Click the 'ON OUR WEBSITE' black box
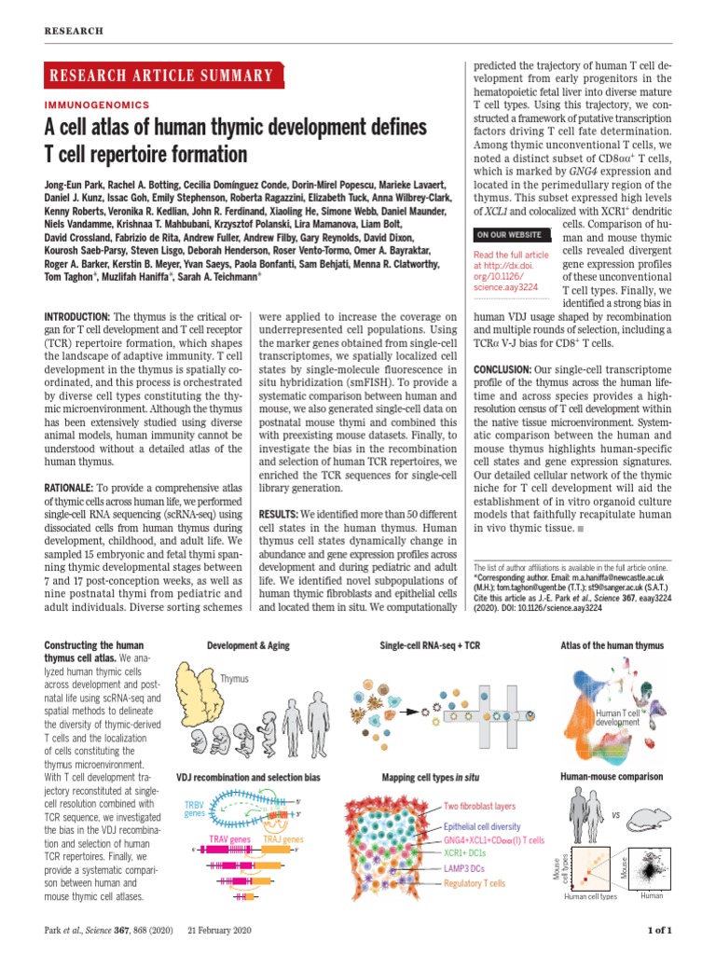(x=511, y=234)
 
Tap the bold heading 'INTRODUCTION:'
(x=77, y=318)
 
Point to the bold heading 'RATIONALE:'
(x=71, y=487)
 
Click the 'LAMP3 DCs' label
(x=465, y=868)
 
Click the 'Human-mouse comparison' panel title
(x=611, y=777)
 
